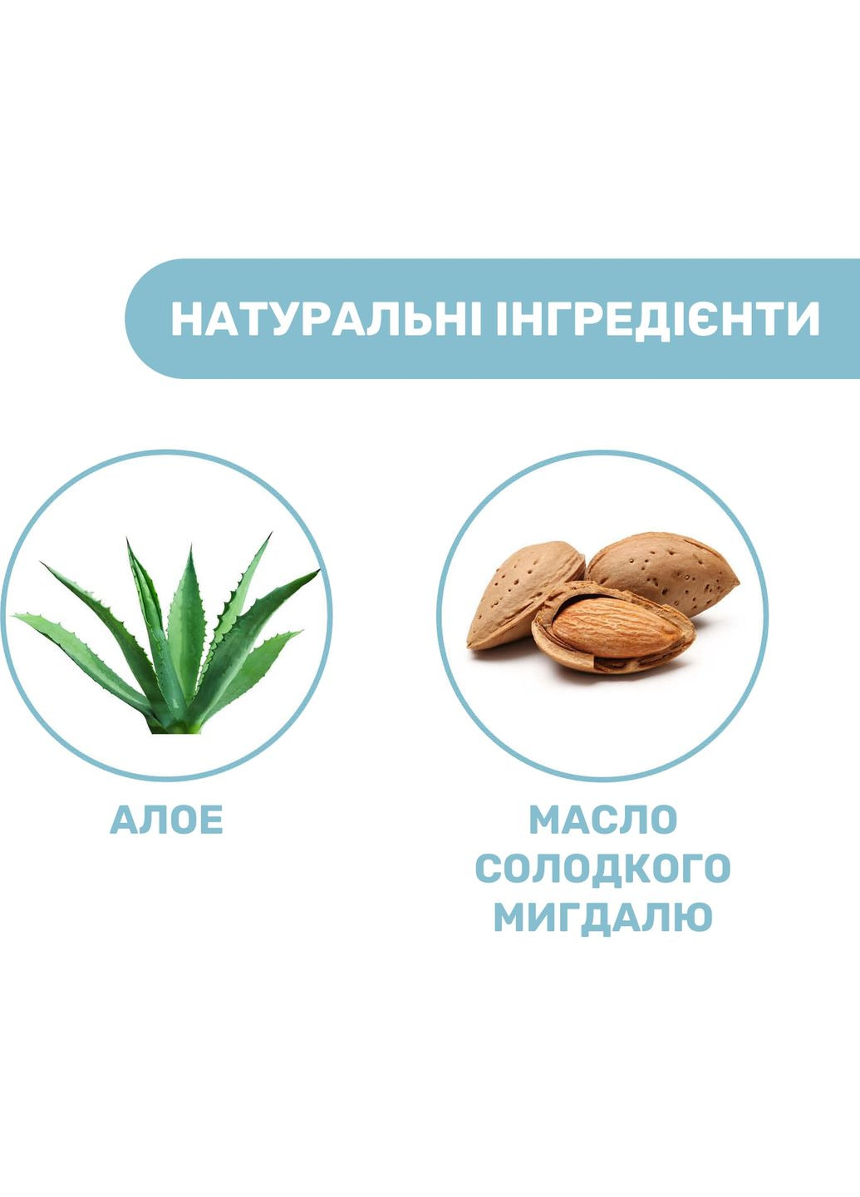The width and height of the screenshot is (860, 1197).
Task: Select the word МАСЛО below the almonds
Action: [603, 820]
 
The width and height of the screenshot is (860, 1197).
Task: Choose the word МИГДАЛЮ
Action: [603, 918]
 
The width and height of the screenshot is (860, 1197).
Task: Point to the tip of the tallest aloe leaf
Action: [129, 541]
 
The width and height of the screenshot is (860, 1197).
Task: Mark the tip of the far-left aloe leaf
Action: [17, 617]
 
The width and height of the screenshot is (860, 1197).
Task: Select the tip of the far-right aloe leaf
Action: [318, 571]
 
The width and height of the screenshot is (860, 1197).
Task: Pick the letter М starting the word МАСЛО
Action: [545, 820]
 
